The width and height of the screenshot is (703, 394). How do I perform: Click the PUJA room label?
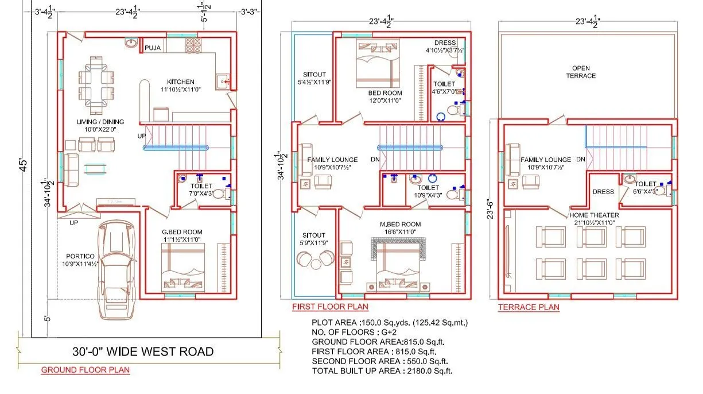point(153,48)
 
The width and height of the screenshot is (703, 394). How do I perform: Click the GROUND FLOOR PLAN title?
point(85,370)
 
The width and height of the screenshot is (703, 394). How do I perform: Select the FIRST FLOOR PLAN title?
point(330,307)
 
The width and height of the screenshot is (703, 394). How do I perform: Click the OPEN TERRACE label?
point(581,71)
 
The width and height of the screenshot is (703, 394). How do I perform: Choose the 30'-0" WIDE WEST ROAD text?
point(143,351)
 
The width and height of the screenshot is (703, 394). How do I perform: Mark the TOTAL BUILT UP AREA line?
point(382,371)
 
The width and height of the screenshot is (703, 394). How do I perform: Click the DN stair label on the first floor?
point(375,160)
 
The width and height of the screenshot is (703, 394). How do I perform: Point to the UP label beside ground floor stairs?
point(141,136)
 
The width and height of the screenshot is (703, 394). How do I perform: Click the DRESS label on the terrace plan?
point(603,192)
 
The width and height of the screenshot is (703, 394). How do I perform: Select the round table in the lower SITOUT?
point(304,260)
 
